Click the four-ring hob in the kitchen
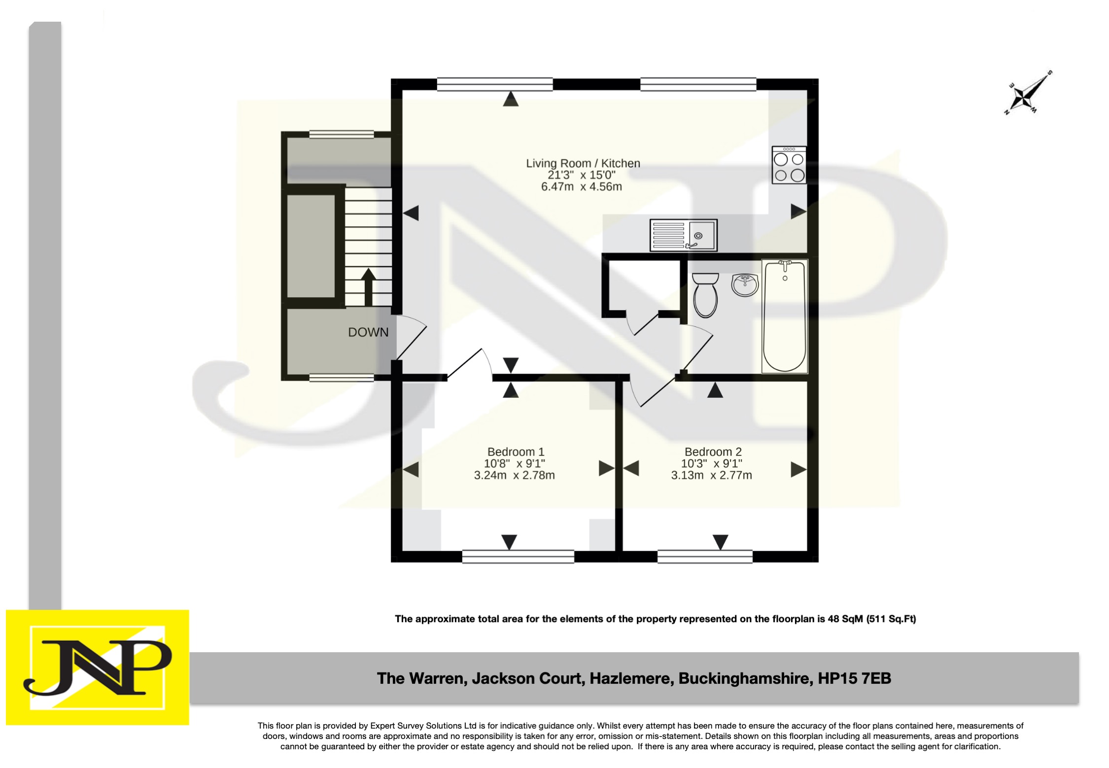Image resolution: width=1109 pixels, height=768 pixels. pyautogui.click(x=789, y=165)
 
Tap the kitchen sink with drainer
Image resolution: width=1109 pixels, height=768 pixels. pyautogui.click(x=683, y=235)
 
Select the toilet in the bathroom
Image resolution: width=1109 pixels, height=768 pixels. pyautogui.click(x=705, y=295)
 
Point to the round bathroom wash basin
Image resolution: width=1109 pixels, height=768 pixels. pyautogui.click(x=745, y=284)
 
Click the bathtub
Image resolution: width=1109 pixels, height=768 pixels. pyautogui.click(x=784, y=316)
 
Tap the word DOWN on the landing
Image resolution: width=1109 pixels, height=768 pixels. pyautogui.click(x=368, y=332)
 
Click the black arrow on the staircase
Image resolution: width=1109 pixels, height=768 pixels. pyautogui.click(x=368, y=286)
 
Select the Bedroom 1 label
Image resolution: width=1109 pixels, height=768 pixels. pyautogui.click(x=516, y=452)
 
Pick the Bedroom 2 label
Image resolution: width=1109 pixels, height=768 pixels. pyautogui.click(x=713, y=452)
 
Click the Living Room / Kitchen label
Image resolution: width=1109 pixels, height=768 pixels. pyautogui.click(x=583, y=163)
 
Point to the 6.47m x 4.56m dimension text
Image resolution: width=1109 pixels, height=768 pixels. pyautogui.click(x=581, y=187)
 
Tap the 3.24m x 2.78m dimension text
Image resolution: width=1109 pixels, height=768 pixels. pyautogui.click(x=514, y=475)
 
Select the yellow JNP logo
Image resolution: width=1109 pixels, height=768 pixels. pyautogui.click(x=98, y=667)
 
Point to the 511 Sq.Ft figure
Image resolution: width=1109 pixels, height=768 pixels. pyautogui.click(x=892, y=619)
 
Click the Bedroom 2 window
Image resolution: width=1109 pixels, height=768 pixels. pyautogui.click(x=705, y=557)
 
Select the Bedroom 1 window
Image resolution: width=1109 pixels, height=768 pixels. pyautogui.click(x=518, y=557)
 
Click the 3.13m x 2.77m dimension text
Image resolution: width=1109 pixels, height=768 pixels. pyautogui.click(x=711, y=475)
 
